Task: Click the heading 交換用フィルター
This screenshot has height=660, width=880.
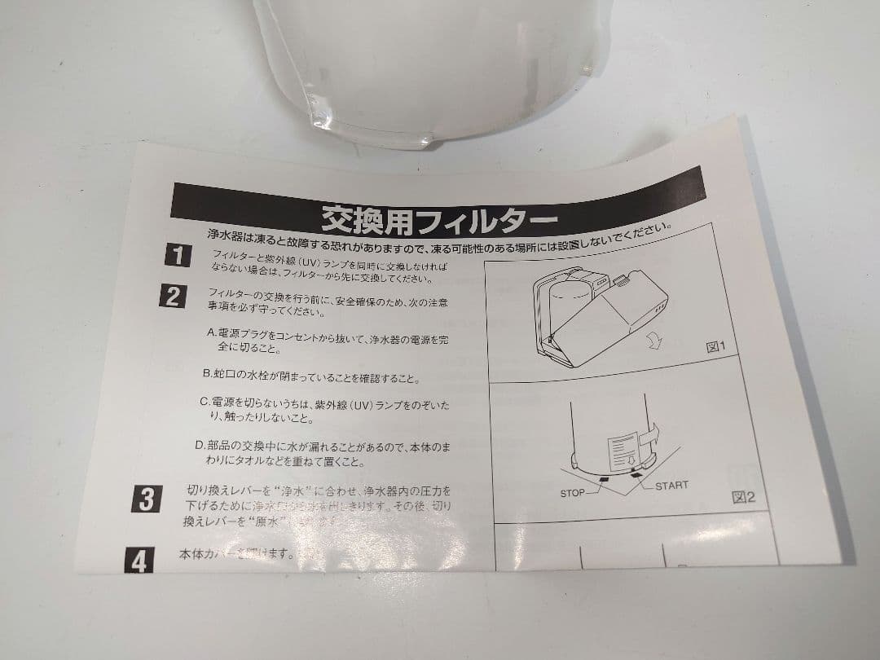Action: coord(439,218)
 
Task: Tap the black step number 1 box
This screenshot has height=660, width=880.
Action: coord(177,255)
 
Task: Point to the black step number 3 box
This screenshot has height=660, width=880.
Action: coord(145,499)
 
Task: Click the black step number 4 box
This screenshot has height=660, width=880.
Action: coord(139,561)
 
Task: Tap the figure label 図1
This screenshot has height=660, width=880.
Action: coord(715,348)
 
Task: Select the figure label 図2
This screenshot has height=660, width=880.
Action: coord(743,497)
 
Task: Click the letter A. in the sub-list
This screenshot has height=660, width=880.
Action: coord(212,332)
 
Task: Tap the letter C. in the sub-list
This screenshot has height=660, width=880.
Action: coord(205,403)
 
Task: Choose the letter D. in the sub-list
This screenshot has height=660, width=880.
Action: coord(200,445)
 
